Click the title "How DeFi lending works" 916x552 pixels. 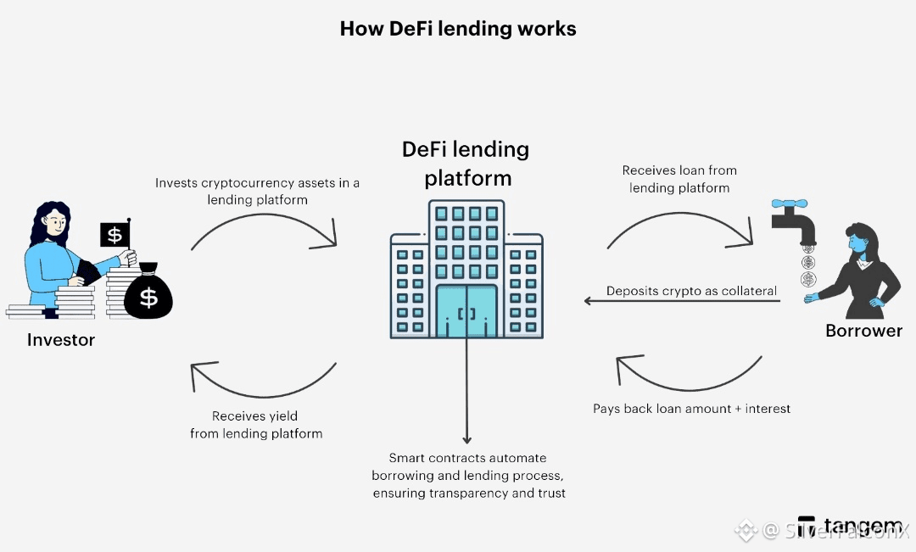point(458,29)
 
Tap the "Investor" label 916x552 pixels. point(61,340)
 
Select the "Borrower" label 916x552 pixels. point(863,331)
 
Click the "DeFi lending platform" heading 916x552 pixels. point(466,164)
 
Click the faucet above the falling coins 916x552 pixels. point(794,220)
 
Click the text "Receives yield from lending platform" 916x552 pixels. point(256,425)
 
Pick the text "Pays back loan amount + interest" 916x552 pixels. point(691,409)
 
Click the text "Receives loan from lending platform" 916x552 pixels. point(679,179)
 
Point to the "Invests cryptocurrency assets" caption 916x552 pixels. point(257,191)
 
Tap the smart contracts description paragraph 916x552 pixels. point(469,475)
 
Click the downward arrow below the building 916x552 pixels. point(466,390)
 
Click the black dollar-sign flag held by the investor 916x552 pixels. point(115,234)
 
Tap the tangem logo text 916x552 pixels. point(852,525)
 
